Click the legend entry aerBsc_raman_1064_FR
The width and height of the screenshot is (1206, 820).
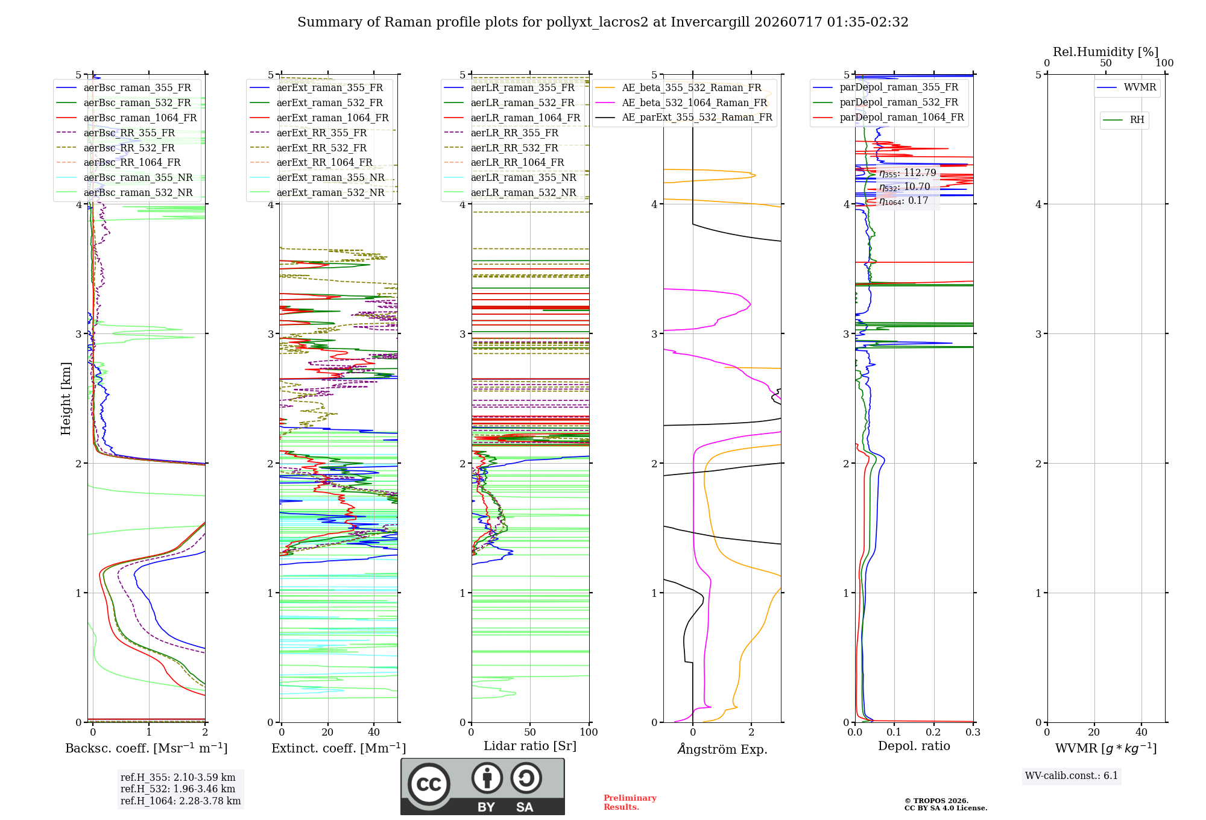[x=127, y=118]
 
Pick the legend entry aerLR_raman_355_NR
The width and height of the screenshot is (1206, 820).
[x=510, y=177]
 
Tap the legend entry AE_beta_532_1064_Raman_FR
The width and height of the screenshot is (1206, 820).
[x=681, y=102]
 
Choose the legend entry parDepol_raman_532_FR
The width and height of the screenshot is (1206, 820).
[x=886, y=102]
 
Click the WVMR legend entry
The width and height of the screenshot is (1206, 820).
[x=1126, y=87]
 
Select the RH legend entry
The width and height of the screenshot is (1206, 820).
[x=1123, y=120]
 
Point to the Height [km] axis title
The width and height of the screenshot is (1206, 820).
[x=66, y=399]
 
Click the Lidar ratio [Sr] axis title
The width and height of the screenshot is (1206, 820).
[x=530, y=746]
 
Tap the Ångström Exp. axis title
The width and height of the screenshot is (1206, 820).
[x=722, y=749]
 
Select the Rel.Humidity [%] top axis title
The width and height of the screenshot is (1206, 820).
[x=1106, y=52]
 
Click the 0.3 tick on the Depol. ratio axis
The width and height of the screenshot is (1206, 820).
[x=973, y=732]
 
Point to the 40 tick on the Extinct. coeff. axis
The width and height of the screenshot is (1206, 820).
[x=374, y=732]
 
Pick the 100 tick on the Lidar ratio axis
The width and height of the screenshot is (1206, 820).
[x=589, y=732]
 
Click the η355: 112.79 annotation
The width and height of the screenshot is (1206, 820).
[x=908, y=173]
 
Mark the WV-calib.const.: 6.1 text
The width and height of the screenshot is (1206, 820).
[x=1072, y=776]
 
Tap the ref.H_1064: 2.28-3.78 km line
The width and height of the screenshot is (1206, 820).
[x=180, y=801]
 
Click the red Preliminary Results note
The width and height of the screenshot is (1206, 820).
[x=630, y=803]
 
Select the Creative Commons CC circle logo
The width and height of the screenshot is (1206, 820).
[x=429, y=784]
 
